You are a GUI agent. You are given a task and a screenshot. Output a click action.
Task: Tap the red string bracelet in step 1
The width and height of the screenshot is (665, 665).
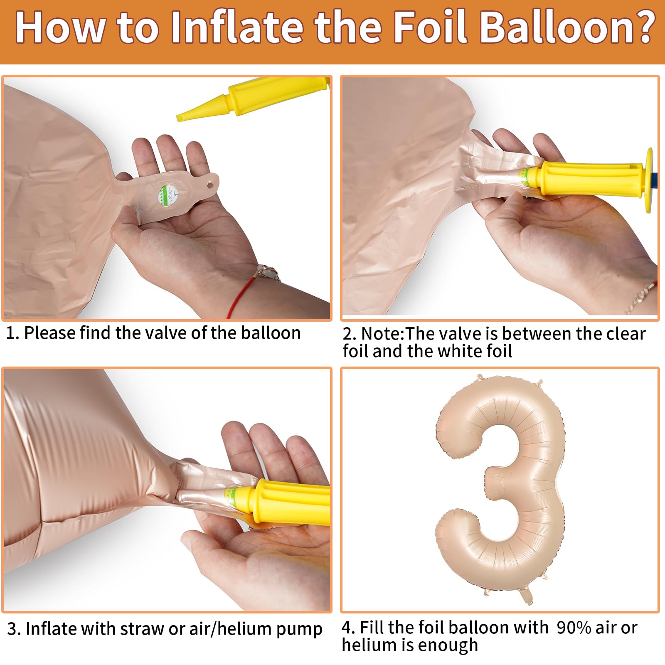tap(248, 287)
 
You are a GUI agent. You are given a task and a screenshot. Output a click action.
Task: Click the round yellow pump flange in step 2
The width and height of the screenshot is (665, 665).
tap(649, 180)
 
